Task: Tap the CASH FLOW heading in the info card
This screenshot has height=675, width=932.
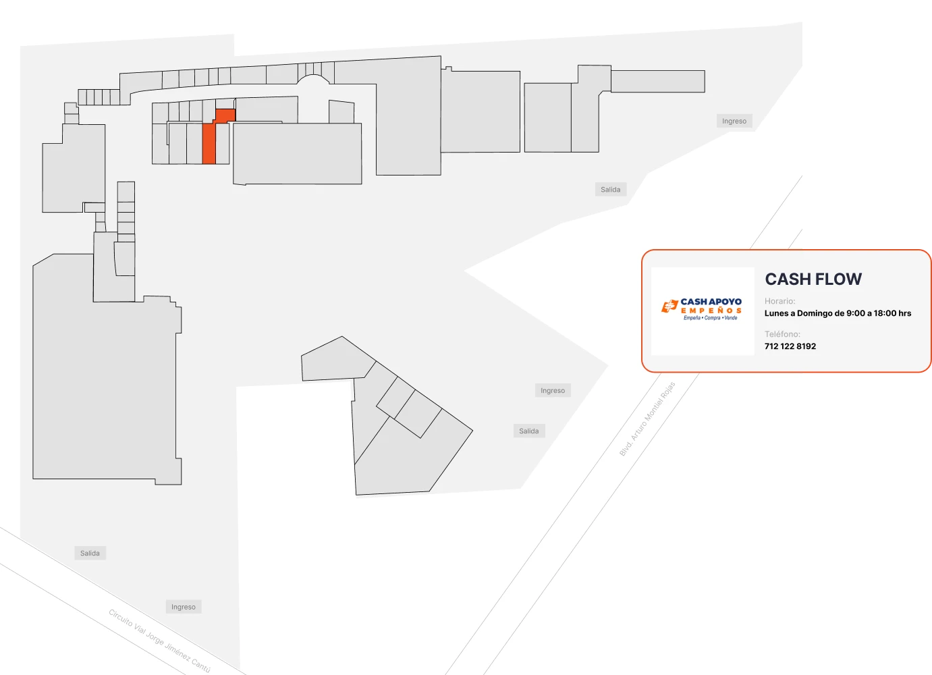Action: click(x=813, y=279)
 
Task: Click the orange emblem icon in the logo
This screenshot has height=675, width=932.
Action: click(x=669, y=306)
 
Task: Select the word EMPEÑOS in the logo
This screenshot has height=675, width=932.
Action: click(x=711, y=310)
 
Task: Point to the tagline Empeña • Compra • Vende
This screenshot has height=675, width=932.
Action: click(x=710, y=318)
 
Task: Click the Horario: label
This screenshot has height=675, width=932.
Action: click(x=779, y=301)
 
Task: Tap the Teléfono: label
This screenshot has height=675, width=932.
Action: click(x=782, y=334)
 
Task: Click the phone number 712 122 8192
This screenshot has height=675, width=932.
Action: click(x=790, y=346)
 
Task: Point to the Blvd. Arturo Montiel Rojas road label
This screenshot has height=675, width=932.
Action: click(x=647, y=418)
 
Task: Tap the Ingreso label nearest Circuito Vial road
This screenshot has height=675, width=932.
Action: click(x=184, y=607)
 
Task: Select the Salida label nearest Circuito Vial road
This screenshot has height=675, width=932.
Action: click(x=90, y=553)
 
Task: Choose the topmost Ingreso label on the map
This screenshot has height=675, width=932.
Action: click(x=734, y=121)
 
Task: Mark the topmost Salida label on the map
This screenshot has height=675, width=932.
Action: click(x=610, y=190)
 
